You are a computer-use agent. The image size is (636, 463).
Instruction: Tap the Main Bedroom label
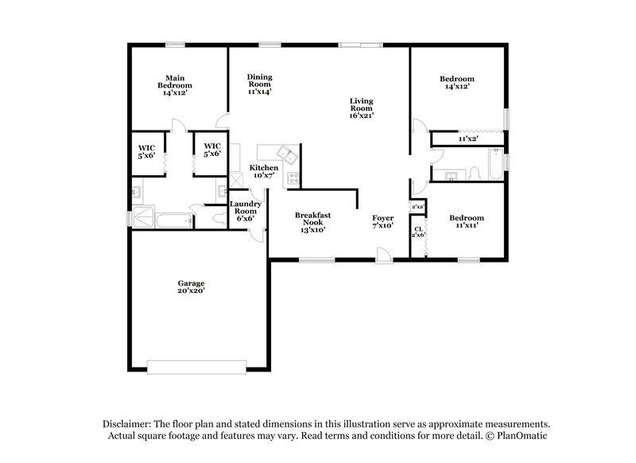[x=174, y=85]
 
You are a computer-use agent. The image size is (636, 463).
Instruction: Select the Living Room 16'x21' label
[x=361, y=107]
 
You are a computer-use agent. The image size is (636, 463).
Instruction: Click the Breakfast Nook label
[x=312, y=222]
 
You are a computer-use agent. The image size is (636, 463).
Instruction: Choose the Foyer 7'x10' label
[x=383, y=222]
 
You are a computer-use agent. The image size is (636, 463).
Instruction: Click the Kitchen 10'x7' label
[x=264, y=172]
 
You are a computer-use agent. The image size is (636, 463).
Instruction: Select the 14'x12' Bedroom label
[x=457, y=83]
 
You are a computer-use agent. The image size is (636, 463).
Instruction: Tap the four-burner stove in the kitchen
[x=292, y=178]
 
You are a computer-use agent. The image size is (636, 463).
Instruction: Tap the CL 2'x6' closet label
[x=418, y=234]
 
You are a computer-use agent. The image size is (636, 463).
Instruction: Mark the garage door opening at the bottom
[x=191, y=367]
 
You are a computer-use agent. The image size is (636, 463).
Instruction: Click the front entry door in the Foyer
[x=383, y=256]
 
